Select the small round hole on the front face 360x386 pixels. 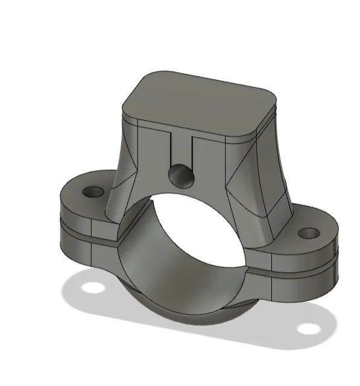[181, 176]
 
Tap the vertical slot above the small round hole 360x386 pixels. [181, 148]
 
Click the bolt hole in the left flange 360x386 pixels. [93, 193]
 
